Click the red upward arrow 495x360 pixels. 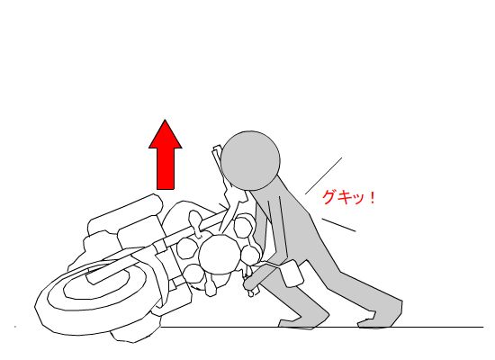(x=165, y=155)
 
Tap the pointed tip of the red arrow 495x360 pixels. (x=165, y=120)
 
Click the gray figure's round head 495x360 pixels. (x=250, y=161)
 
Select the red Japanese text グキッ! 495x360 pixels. (x=348, y=197)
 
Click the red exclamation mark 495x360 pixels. (x=373, y=197)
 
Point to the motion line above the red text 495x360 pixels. (x=324, y=175)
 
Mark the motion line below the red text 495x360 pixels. (x=338, y=224)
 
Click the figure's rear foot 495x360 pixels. (x=379, y=319)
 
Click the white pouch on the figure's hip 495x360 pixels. (x=292, y=273)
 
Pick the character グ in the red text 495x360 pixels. (x=329, y=197)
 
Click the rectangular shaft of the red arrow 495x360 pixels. (x=166, y=168)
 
